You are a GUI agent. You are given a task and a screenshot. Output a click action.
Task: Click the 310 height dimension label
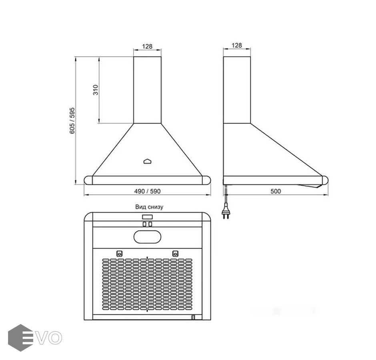(x=96, y=90)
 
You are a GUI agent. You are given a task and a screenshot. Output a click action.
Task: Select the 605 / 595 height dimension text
(x=72, y=121)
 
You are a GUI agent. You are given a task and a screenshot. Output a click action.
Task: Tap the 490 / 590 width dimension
(x=147, y=191)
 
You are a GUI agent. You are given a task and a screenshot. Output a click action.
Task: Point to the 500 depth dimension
(x=276, y=191)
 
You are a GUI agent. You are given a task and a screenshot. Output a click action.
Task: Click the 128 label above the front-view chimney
(x=147, y=46)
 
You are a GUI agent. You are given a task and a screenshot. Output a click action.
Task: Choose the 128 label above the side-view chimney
(x=237, y=45)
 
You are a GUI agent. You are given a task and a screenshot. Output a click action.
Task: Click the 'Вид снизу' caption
(x=149, y=207)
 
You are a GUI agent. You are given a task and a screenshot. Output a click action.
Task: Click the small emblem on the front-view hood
(x=148, y=161)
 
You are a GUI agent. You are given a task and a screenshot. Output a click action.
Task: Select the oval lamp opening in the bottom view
(x=148, y=237)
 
